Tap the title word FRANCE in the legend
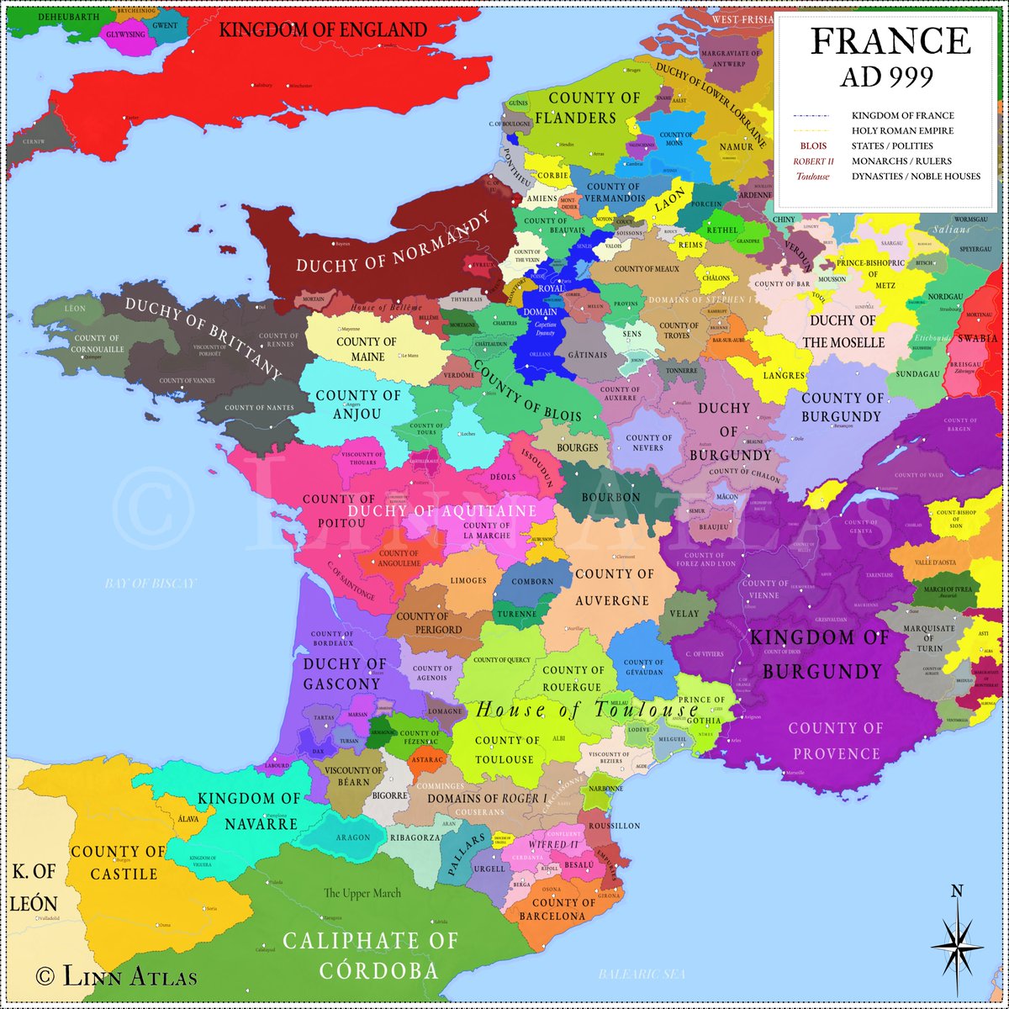890,41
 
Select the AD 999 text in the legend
886,77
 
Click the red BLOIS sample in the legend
812,146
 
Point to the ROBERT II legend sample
812,161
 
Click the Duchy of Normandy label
393,242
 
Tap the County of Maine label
366,349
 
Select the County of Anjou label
358,404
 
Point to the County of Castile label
119,862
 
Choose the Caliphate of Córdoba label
370,956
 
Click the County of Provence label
836,740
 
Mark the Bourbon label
611,497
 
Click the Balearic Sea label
642,974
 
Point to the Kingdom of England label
323,30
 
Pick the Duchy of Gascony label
345,674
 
